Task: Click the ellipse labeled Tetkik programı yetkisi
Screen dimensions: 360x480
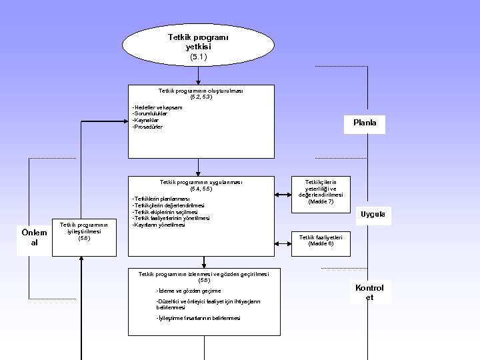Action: click(198, 46)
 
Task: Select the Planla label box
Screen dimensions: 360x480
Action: click(365, 123)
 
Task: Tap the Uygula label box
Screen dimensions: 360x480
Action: click(373, 215)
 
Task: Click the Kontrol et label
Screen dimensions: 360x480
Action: click(369, 292)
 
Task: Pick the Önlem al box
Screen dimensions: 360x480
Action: click(34, 237)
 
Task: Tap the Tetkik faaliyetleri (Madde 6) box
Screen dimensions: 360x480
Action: click(321, 241)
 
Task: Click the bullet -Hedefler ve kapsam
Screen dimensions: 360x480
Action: click(157, 107)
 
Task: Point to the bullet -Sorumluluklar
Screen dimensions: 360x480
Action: click(150, 113)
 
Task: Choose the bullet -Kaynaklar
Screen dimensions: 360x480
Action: click(146, 120)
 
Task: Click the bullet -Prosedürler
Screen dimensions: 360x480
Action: click(147, 127)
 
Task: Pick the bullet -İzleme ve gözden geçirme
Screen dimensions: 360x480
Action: click(187, 291)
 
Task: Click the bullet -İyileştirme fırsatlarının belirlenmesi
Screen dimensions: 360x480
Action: click(198, 318)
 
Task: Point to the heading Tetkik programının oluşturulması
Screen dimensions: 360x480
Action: click(201, 91)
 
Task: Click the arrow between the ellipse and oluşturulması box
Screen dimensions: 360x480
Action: click(198, 75)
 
